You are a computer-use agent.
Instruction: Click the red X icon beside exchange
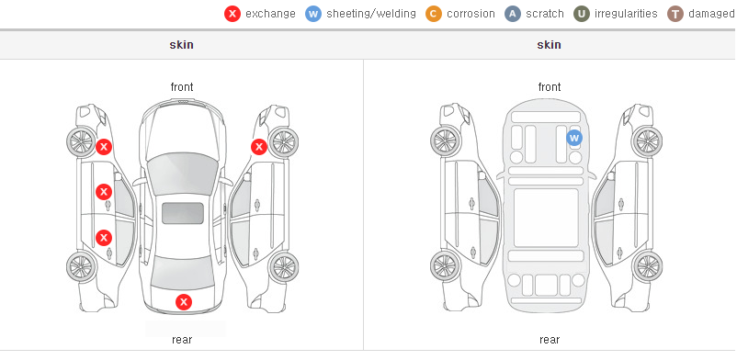click(232, 14)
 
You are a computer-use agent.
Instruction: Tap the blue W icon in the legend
click(313, 14)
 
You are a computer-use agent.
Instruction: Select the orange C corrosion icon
click(434, 14)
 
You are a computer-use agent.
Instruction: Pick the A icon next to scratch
click(513, 14)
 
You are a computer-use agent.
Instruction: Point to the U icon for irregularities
click(582, 14)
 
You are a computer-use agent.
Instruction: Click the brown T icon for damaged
click(675, 14)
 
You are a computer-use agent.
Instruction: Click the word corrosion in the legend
click(471, 14)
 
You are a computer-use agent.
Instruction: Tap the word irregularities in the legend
click(626, 14)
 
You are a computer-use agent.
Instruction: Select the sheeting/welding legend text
click(371, 14)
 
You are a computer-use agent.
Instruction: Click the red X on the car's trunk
click(184, 302)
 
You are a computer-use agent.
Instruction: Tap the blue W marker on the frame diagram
click(574, 138)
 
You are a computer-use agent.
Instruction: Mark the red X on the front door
click(104, 192)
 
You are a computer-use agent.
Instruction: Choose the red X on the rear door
click(104, 238)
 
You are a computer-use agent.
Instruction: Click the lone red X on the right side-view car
click(259, 147)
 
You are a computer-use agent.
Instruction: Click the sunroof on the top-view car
click(183, 213)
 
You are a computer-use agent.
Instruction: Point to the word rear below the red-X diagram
click(182, 340)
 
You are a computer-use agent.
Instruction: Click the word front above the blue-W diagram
click(550, 87)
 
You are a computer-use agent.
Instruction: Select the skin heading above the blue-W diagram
click(549, 45)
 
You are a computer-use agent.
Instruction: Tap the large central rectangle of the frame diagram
click(546, 218)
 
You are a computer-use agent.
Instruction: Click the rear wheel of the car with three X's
click(81, 266)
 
